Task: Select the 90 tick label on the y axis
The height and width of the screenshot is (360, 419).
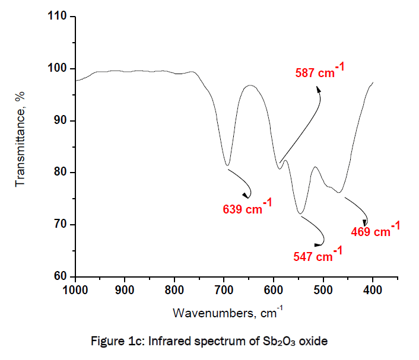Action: [x=61, y=121]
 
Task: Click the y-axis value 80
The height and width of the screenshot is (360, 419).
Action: [x=61, y=173]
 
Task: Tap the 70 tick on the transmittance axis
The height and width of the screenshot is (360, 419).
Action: [x=61, y=225]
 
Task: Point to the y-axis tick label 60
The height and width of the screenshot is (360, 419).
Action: [x=61, y=276]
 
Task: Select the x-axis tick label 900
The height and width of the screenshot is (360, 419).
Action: [x=125, y=290]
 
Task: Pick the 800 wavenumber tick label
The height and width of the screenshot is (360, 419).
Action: [x=174, y=290]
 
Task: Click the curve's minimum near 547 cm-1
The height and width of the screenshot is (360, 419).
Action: [x=301, y=214]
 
